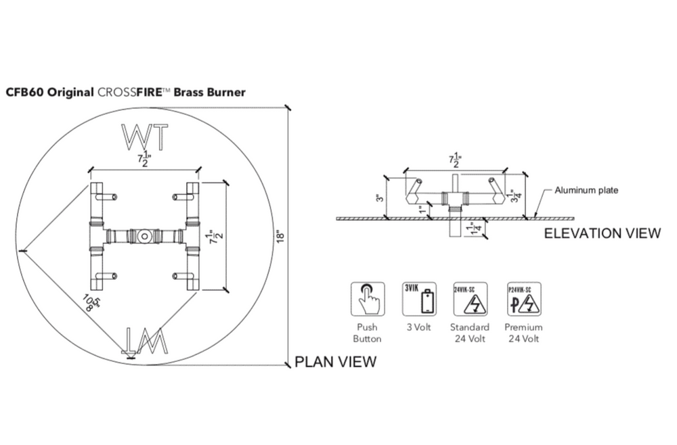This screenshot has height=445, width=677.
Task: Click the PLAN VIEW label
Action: (x=335, y=362)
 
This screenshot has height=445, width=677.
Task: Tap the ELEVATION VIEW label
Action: (x=602, y=233)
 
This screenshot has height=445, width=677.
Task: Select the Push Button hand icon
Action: (x=367, y=298)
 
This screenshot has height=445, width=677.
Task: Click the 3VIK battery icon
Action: (x=420, y=298)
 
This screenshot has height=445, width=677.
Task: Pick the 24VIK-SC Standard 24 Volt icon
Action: (x=471, y=298)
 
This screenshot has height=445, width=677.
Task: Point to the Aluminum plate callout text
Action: (x=586, y=191)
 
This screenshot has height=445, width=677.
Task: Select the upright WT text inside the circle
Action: (x=144, y=138)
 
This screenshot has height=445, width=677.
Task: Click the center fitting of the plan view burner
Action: (x=143, y=237)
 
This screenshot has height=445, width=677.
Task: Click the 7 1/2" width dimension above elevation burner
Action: (x=454, y=160)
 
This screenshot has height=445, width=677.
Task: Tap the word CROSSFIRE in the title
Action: (x=134, y=91)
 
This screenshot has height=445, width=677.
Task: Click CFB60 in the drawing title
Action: (x=24, y=91)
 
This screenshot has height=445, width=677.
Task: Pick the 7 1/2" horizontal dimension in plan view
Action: (x=143, y=160)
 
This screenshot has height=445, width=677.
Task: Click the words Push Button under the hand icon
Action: (x=368, y=333)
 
